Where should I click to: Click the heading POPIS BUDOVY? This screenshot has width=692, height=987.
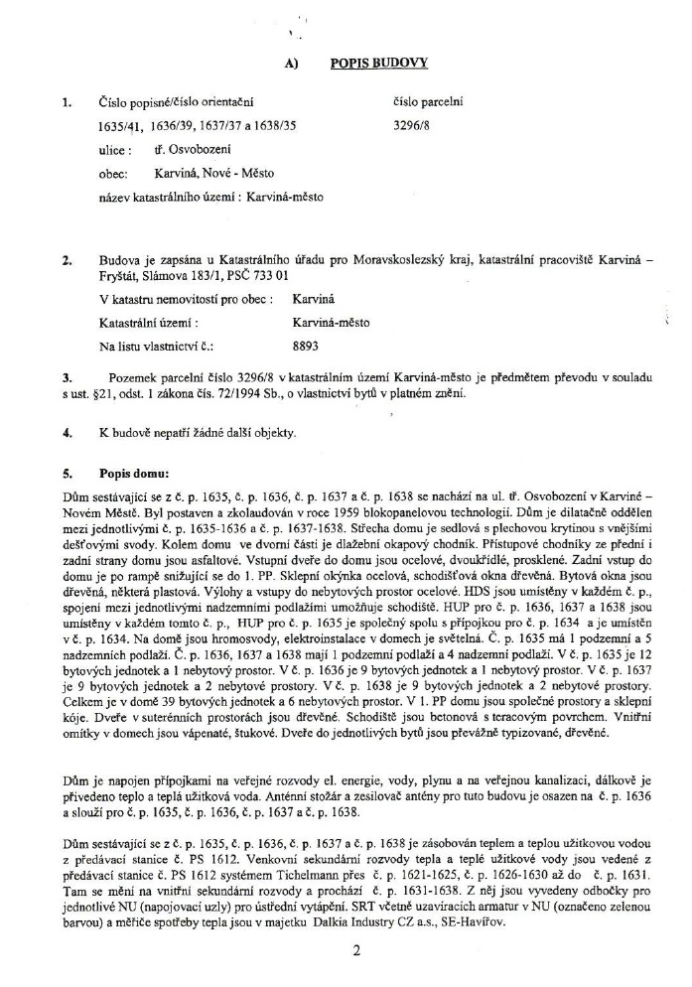378,63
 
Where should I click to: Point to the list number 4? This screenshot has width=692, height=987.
66,433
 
